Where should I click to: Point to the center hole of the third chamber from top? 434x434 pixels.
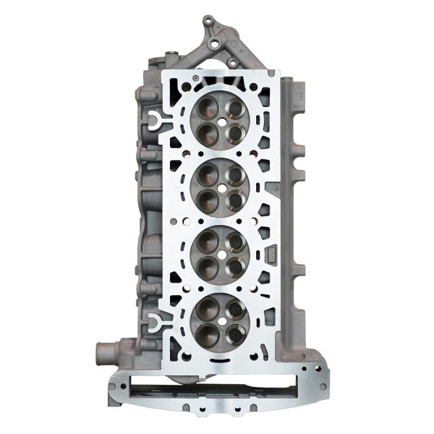click(221, 253)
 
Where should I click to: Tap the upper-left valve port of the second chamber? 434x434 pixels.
click(207, 174)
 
